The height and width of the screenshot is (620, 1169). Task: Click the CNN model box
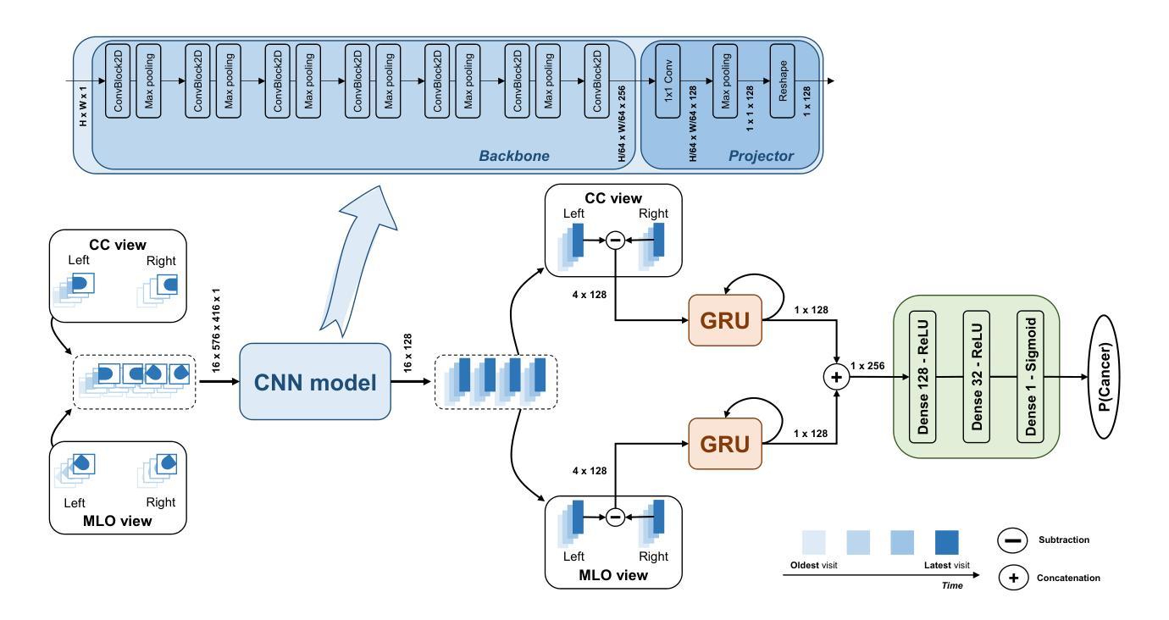coord(315,382)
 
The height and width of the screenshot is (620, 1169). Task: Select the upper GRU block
coord(726,321)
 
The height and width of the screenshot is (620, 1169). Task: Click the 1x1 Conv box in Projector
coord(668,80)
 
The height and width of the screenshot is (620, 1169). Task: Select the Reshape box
coord(783,80)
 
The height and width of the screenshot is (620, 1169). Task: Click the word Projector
coord(762,156)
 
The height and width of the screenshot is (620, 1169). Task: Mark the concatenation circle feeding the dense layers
coord(837,378)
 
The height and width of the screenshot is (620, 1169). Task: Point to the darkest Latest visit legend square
coord(946,543)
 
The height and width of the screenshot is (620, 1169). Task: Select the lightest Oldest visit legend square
coord(815,543)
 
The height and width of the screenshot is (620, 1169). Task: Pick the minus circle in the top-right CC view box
coord(616,241)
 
